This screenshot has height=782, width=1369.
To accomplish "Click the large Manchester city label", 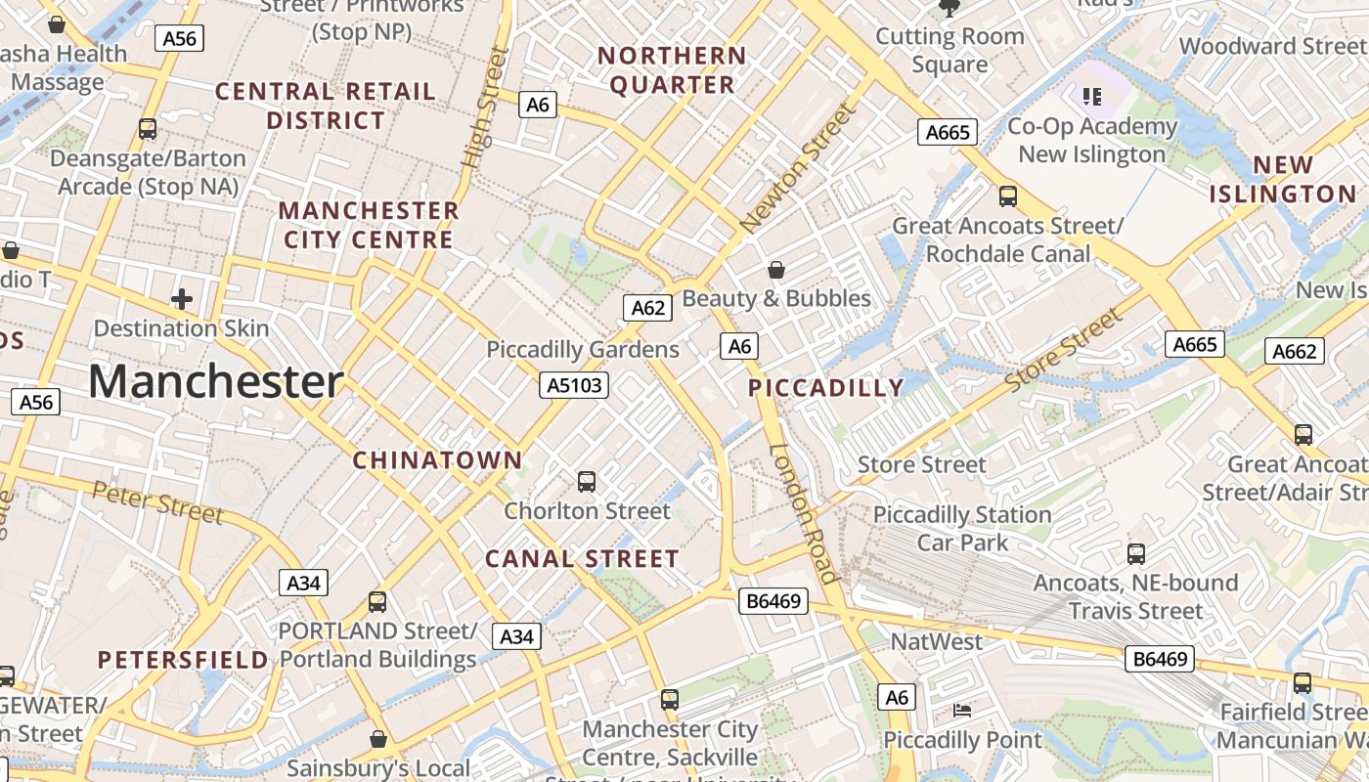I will pyautogui.click(x=216, y=381).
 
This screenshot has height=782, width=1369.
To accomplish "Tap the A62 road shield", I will pyautogui.click(x=648, y=309).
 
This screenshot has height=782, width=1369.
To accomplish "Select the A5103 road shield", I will pyautogui.click(x=574, y=385).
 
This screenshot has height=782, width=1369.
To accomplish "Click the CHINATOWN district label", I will pyautogui.click(x=437, y=459).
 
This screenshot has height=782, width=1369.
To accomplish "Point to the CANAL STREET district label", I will pyautogui.click(x=582, y=559).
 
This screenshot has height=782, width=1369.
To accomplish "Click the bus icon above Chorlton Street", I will pyautogui.click(x=587, y=481).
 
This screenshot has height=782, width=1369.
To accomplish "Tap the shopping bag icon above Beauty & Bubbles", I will pyautogui.click(x=776, y=269).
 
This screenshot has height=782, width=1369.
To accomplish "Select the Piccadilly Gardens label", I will pyautogui.click(x=583, y=349).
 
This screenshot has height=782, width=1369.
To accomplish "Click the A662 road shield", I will pyautogui.click(x=1295, y=352).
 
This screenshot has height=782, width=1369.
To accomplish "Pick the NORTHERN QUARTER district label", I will pyautogui.click(x=672, y=70).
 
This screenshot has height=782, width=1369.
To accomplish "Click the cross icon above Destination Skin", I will pyautogui.click(x=182, y=299).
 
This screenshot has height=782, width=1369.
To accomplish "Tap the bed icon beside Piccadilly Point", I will pyautogui.click(x=962, y=711).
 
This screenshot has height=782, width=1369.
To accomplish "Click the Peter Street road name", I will pyautogui.click(x=158, y=501).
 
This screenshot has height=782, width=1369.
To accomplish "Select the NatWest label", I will pyautogui.click(x=936, y=642).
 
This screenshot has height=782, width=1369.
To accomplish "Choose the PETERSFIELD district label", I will pyautogui.click(x=183, y=660).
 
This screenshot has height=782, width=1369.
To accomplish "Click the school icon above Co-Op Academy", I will pyautogui.click(x=1092, y=96).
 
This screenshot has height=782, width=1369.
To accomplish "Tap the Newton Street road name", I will pyautogui.click(x=799, y=168).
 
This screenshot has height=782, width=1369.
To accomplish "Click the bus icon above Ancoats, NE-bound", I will pyautogui.click(x=1136, y=554).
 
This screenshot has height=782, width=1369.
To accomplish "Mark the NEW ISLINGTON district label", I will pyautogui.click(x=1282, y=179).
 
